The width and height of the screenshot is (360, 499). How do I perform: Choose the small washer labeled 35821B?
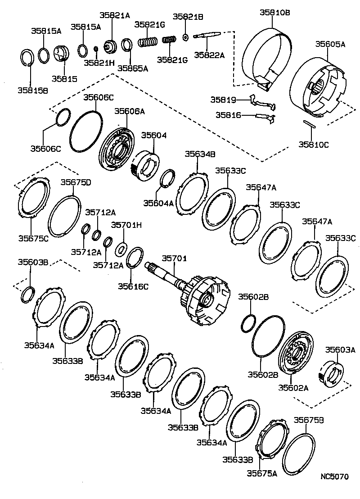coord(185,36)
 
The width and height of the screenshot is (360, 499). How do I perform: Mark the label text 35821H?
coord(99,63)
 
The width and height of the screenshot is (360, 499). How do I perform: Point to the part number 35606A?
coord(129,111)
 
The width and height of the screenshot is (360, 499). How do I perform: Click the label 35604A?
coord(158,203)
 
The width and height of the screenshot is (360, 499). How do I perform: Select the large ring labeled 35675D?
coord(64,216)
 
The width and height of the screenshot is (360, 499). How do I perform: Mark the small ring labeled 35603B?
coord(27,294)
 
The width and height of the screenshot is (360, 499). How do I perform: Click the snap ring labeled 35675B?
coord(298,454)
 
